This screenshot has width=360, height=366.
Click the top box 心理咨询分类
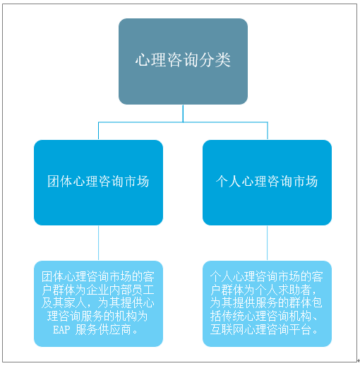click(183, 61)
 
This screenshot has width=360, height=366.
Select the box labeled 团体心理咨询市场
click(98, 182)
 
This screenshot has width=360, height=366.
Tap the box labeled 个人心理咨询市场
click(267, 182)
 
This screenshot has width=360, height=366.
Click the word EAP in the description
click(61, 329)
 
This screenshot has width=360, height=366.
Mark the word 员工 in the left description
click(143, 290)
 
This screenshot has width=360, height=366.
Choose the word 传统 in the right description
click(233, 316)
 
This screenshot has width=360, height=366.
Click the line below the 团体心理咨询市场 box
click(98, 243)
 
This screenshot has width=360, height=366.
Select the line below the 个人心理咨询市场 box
click(267, 243)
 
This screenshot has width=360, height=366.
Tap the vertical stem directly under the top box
click(183, 113)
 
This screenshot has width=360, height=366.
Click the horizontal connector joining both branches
click(183, 122)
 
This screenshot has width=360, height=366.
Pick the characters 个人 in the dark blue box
click(228, 182)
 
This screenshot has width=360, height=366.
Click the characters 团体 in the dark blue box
click(59, 182)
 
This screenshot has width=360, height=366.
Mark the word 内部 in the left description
click(121, 290)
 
